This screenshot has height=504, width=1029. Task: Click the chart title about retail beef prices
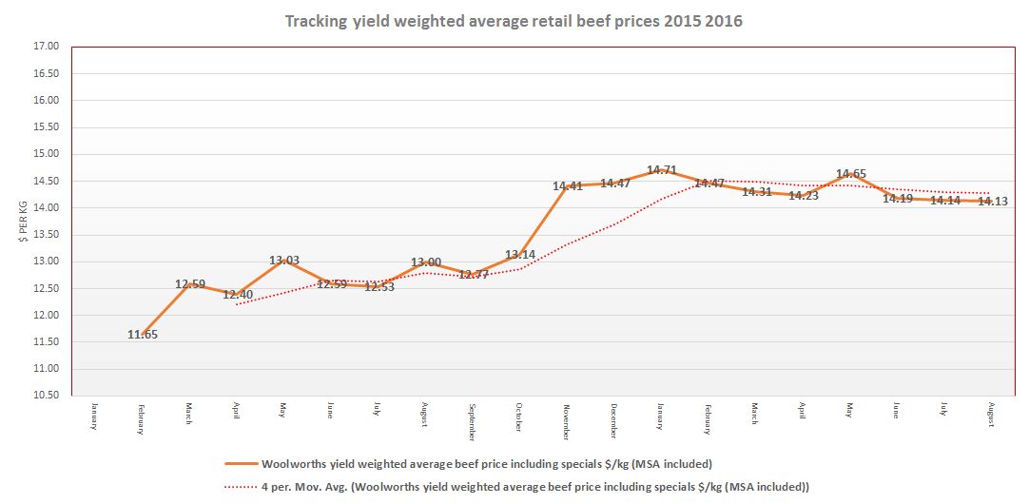(x=514, y=21)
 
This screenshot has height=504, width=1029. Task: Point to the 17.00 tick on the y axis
(x=47, y=46)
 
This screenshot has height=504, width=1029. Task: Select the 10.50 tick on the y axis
(x=47, y=396)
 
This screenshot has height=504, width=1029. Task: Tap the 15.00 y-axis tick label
(x=47, y=154)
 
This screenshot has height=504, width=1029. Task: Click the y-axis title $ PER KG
(x=23, y=221)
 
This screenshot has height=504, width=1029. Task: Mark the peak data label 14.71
(x=662, y=171)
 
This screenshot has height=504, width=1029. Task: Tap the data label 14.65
(x=850, y=174)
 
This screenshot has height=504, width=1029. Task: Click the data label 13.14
(x=519, y=255)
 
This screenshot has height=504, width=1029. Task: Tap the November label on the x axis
(x=566, y=418)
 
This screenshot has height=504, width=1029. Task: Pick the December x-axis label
(x=613, y=418)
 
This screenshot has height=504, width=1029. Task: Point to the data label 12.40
(x=237, y=295)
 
